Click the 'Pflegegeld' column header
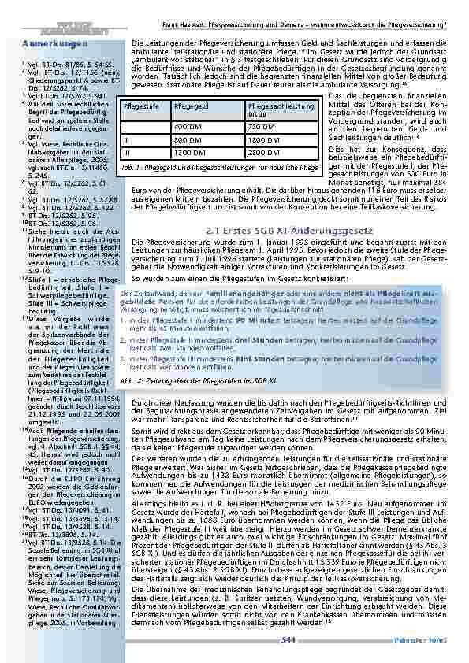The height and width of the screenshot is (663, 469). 188,105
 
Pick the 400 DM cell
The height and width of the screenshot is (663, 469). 188,127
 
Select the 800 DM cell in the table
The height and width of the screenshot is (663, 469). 188,139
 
